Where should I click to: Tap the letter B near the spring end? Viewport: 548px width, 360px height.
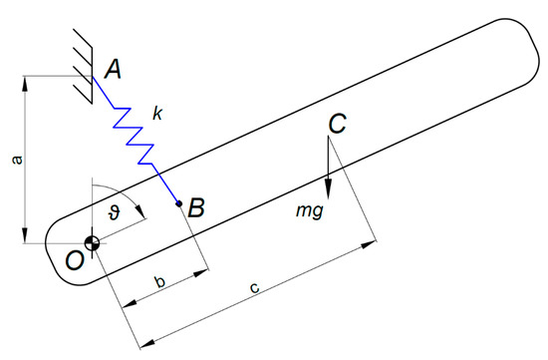[196, 208]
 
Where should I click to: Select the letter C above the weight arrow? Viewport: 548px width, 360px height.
[337, 124]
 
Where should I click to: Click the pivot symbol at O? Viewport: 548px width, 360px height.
[92, 243]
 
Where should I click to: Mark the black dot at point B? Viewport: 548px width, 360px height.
[178, 205]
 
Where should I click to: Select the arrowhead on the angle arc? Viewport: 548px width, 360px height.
[142, 211]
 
